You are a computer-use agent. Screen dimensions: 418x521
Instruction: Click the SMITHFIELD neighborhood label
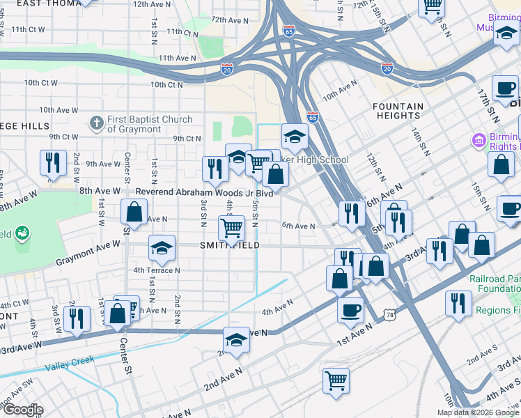tap(230, 246)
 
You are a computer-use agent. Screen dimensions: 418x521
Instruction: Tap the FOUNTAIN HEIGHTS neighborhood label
tap(398, 111)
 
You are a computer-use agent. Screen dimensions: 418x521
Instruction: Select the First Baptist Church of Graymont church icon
tap(97, 124)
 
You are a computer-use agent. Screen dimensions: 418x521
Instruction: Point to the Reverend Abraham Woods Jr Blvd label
tap(203, 192)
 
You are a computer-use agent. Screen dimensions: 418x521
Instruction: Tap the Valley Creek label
tap(69, 362)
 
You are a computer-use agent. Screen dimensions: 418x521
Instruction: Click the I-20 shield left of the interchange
tap(227, 69)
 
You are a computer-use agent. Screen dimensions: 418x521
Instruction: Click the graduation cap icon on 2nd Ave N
tap(237, 340)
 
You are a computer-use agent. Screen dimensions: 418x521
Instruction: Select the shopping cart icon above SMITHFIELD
tap(231, 226)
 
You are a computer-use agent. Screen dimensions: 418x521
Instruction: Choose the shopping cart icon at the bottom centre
tap(336, 381)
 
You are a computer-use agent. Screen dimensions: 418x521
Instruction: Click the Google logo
tap(22, 410)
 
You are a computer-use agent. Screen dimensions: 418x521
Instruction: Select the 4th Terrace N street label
tap(157, 270)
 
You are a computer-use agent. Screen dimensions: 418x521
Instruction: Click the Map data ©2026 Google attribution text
tap(478, 412)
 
